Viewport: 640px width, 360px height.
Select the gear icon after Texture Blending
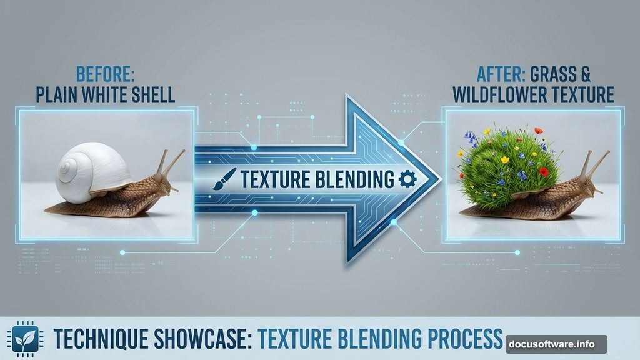(407, 180)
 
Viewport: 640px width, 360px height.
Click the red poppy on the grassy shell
(543, 171)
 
